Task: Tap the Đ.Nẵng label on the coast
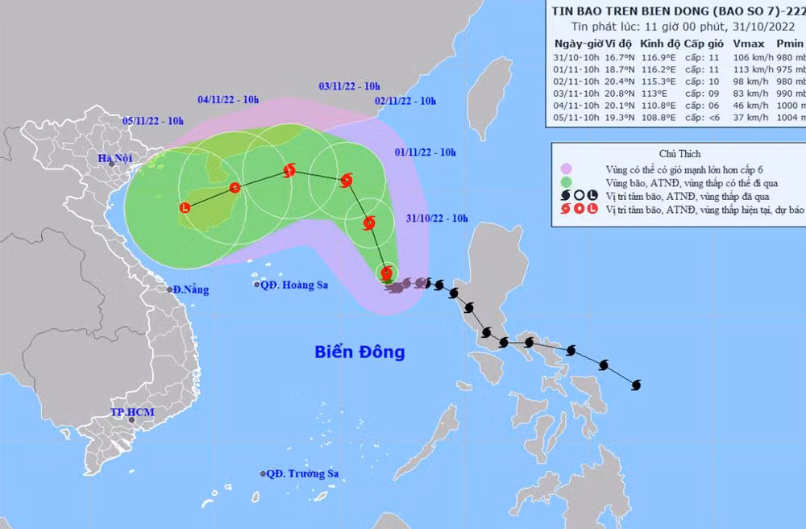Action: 190,289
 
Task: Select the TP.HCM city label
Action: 132,413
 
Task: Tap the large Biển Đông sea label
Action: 359,352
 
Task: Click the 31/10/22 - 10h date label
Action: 436,218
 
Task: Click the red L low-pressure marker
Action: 185,208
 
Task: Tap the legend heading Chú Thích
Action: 679,153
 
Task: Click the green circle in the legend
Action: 568,182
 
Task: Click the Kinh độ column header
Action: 658,44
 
